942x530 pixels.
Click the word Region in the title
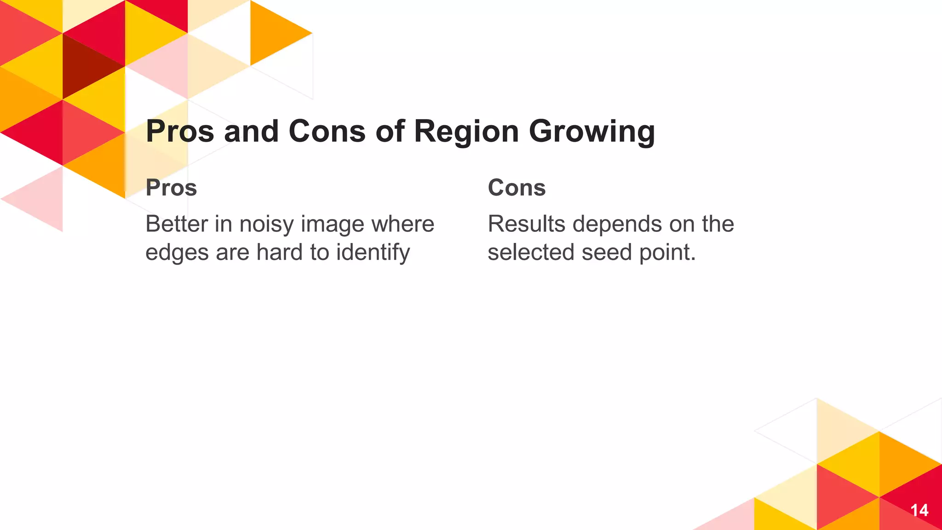click(466, 132)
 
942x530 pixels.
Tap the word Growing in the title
click(592, 132)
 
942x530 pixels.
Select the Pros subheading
click(171, 188)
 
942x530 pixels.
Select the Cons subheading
click(517, 188)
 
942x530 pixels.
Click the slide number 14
click(919, 510)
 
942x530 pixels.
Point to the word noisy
click(266, 225)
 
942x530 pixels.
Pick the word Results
click(526, 224)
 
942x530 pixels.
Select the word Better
click(177, 224)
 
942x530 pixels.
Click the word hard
click(280, 253)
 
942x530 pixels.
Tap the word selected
click(531, 253)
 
